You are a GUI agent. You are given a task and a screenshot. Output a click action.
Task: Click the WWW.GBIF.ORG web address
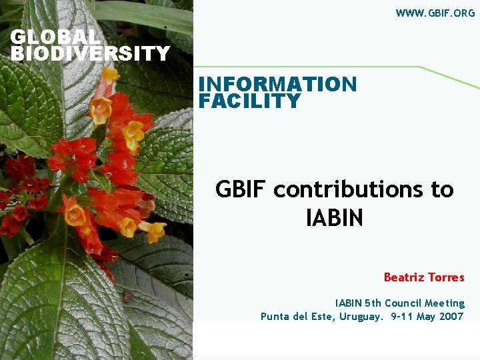(435, 13)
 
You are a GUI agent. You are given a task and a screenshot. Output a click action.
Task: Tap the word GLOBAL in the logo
(55, 37)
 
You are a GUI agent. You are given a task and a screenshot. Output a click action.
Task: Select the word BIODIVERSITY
(91, 53)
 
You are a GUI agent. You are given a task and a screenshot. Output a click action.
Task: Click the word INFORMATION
(277, 85)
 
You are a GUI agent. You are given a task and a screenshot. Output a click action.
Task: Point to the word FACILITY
(249, 101)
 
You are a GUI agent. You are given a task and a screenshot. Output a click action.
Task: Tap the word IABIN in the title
(334, 218)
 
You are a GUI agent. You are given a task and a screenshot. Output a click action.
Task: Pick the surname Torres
(446, 277)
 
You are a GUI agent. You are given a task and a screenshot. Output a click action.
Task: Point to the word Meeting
(445, 303)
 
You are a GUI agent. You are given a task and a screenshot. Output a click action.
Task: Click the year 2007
(451, 317)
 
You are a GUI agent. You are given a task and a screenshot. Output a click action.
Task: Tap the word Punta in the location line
(275, 317)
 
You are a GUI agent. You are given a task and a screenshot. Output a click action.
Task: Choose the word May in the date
(425, 317)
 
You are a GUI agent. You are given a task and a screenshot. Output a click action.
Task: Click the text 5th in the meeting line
(372, 303)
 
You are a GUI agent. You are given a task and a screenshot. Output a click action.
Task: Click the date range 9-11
(400, 317)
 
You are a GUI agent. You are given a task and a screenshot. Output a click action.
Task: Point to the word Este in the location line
(324, 317)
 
